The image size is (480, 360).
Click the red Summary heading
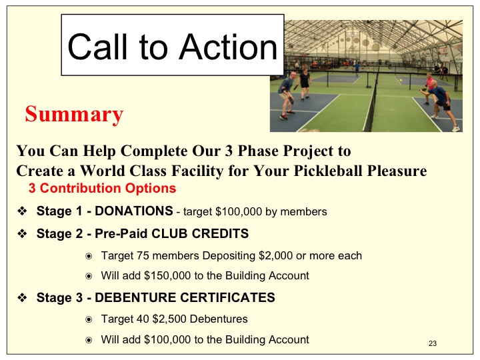coord(74,115)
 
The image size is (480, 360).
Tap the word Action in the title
coord(229,47)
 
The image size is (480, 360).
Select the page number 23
coord(433,343)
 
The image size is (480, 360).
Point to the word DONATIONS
coord(134,211)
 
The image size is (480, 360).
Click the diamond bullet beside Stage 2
coord(23,234)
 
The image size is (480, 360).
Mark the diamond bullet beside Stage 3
coord(23,297)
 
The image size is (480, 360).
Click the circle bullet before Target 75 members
coord(89,256)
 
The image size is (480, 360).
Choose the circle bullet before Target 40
coord(89,320)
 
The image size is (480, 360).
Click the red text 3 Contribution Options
coord(102,188)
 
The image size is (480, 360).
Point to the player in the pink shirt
coord(429,88)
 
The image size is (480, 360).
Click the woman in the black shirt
coord(305,84)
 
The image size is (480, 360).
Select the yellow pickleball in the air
coord(401,80)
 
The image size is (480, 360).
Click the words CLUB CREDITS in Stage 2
coord(200,233)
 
